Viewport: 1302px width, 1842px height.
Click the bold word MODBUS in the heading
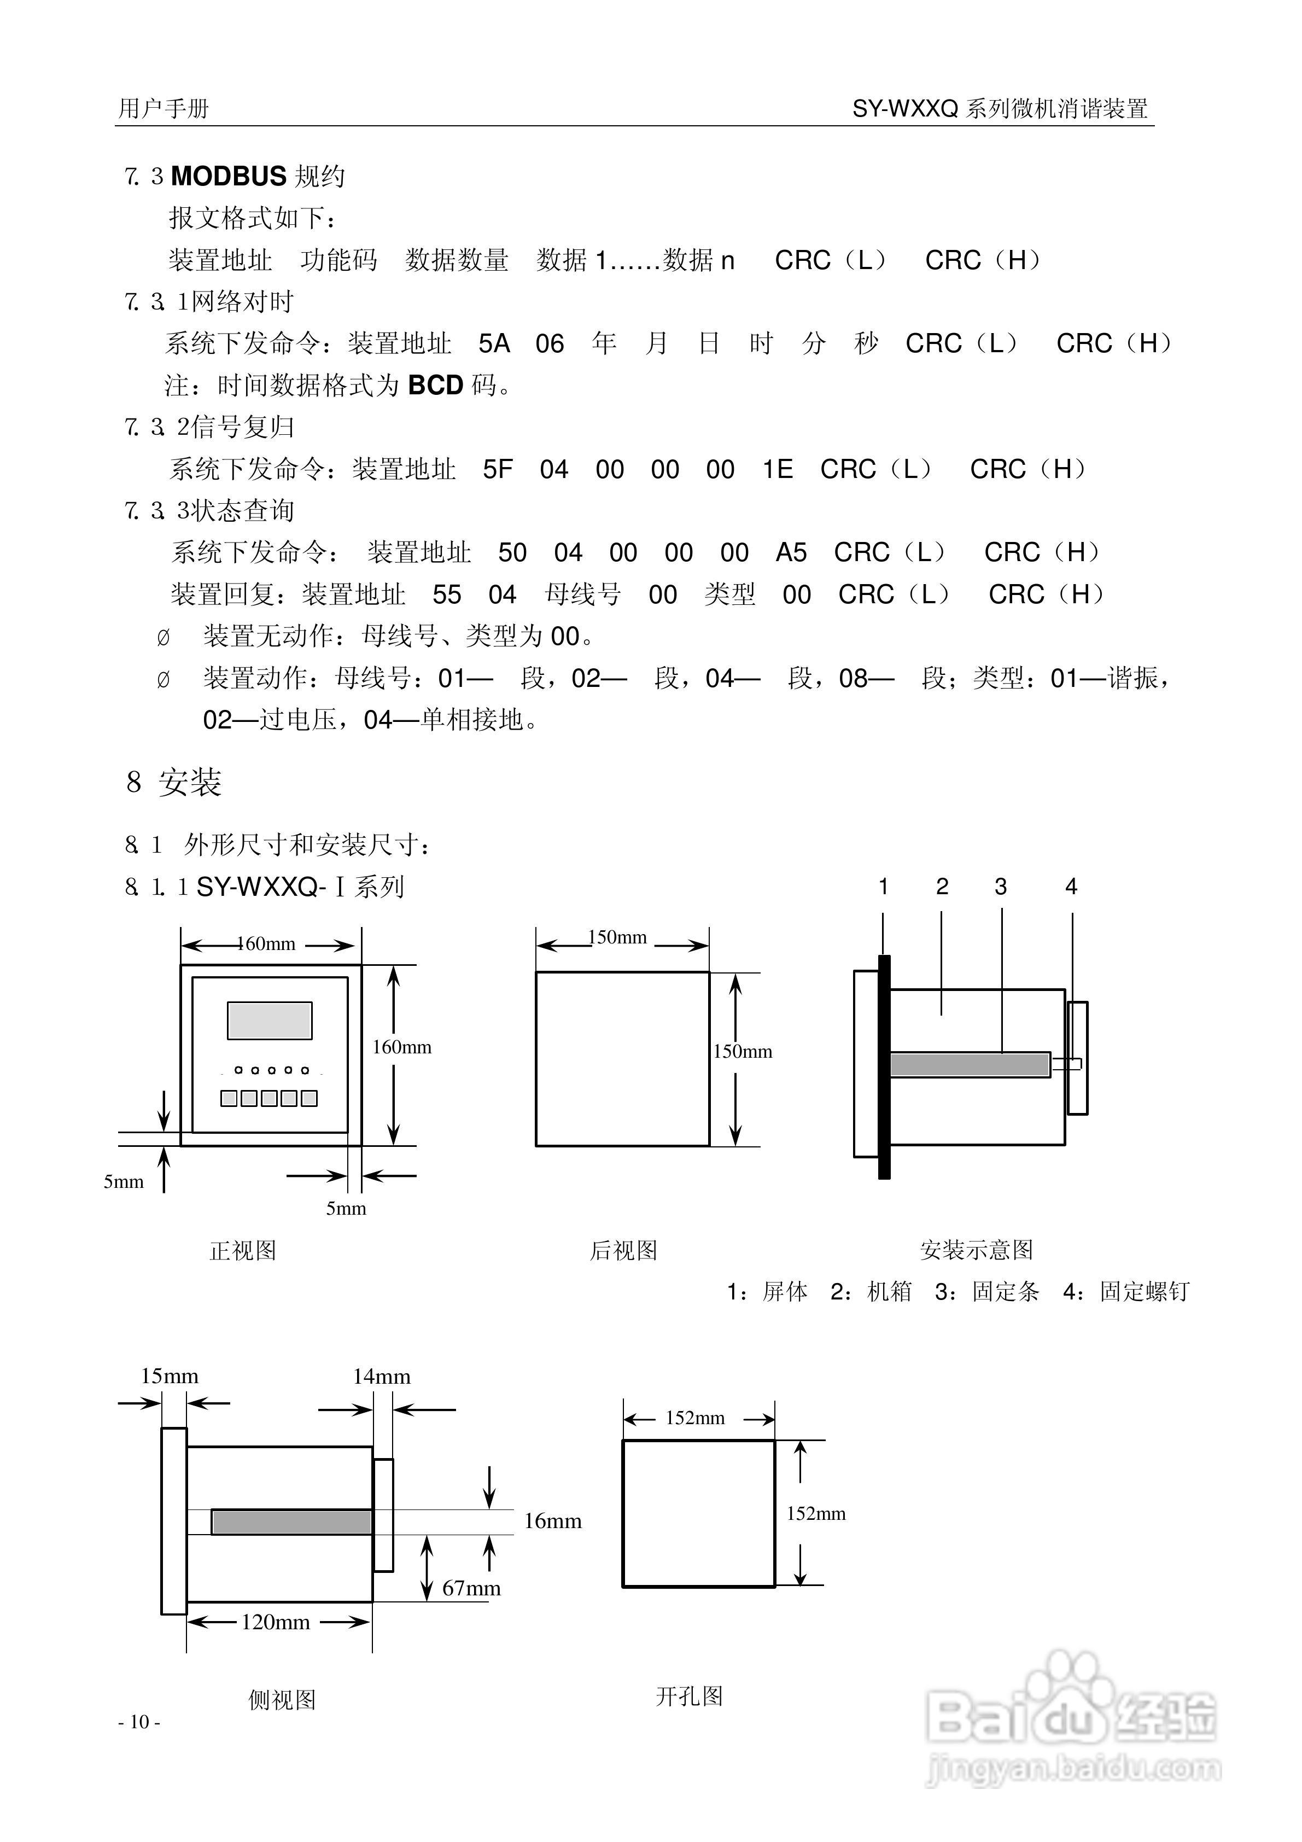[229, 176]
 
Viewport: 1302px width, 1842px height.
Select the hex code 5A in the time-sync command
[494, 344]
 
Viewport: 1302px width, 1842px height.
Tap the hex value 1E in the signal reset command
[778, 469]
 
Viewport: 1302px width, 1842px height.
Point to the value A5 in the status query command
[791, 553]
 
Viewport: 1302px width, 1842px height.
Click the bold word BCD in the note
[436, 386]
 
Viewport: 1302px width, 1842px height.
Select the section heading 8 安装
[174, 782]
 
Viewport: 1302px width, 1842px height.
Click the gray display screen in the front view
[270, 1021]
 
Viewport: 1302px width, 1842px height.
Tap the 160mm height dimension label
[402, 1047]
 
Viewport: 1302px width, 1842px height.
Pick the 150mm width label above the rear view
[618, 937]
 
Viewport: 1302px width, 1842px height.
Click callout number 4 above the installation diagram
[1071, 887]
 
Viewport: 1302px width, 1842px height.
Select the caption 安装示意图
[976, 1250]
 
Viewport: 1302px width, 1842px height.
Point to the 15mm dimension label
[170, 1376]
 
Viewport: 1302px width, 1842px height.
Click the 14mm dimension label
[382, 1377]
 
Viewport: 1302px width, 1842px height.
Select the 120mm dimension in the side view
[276, 1622]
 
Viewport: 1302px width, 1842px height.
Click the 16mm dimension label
[553, 1521]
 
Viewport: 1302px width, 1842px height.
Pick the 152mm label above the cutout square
[696, 1418]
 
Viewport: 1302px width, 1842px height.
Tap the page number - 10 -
[139, 1722]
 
